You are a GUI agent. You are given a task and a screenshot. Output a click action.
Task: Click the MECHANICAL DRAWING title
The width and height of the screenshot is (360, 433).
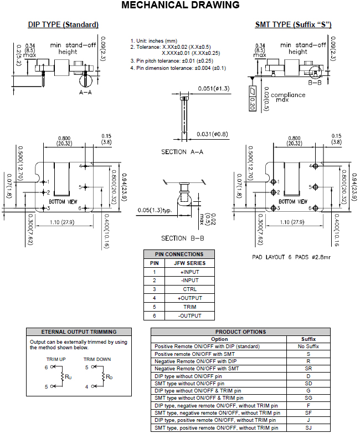tap(181, 5)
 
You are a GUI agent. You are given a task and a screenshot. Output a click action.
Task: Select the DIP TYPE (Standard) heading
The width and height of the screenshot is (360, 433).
tap(63, 24)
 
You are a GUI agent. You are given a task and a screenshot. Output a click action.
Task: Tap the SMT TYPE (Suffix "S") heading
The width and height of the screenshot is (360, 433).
tap(293, 24)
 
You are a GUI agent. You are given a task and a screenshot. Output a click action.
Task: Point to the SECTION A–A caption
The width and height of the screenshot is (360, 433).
tap(182, 152)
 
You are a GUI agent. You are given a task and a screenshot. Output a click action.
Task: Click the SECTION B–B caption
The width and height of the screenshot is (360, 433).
tap(183, 238)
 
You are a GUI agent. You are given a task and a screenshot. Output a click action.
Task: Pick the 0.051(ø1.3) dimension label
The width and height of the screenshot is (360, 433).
tap(214, 89)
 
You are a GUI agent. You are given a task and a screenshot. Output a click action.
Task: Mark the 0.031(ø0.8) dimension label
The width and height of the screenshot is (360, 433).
tap(213, 134)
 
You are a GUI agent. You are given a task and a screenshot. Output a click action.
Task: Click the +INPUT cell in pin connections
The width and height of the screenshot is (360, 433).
tap(190, 272)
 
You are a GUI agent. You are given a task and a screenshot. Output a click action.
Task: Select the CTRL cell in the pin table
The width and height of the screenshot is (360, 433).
tap(190, 289)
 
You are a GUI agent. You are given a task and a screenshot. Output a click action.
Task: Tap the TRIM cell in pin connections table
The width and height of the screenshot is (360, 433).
tap(190, 307)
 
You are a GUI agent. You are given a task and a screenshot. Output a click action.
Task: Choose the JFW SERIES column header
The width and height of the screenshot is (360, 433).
tap(190, 263)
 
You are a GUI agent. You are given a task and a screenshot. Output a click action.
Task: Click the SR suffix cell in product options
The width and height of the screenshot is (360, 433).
tap(308, 369)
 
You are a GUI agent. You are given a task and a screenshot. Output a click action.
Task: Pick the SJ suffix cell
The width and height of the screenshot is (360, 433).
tap(308, 428)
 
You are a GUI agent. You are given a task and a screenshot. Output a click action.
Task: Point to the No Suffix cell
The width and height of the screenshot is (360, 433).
tap(308, 347)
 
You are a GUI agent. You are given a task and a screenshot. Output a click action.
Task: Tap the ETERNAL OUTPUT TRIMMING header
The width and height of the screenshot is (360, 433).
tap(79, 332)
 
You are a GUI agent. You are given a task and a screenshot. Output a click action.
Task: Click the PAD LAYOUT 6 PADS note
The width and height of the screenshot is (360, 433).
tap(291, 257)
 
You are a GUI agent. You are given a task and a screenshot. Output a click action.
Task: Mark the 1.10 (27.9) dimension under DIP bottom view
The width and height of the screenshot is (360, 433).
tap(62, 222)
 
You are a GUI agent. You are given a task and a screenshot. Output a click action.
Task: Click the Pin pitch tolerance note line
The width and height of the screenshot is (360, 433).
tap(172, 61)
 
